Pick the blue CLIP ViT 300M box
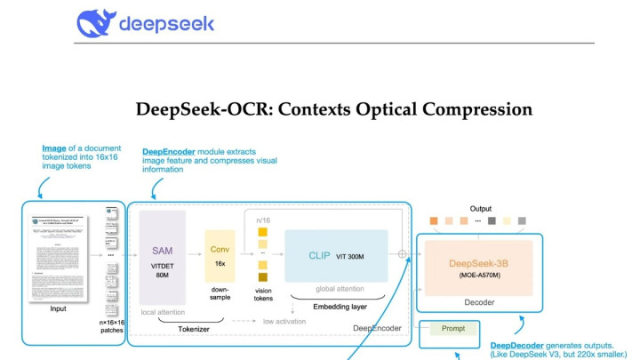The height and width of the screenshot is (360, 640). click(336, 255)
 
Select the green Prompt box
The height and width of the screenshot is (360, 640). click(452, 329)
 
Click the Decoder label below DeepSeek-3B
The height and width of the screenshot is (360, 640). click(478, 302)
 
